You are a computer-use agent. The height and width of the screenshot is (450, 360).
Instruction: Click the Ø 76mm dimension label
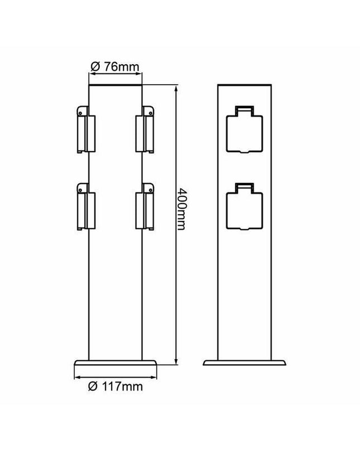tap(115, 67)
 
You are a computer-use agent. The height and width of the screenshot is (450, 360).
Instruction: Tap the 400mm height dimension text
tap(181, 209)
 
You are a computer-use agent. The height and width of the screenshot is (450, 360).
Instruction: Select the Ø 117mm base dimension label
tap(115, 386)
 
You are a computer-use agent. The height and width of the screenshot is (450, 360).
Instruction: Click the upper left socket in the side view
tap(86, 129)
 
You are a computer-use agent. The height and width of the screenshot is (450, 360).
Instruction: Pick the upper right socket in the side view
tap(145, 129)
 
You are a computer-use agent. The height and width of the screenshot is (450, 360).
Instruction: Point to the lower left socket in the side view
tap(86, 207)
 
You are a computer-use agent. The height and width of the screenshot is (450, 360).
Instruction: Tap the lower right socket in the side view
tap(145, 207)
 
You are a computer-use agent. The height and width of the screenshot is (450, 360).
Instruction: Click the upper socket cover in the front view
tap(244, 129)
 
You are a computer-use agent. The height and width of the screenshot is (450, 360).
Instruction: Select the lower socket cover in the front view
tap(244, 206)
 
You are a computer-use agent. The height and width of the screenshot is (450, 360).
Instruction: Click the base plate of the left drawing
tap(116, 363)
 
